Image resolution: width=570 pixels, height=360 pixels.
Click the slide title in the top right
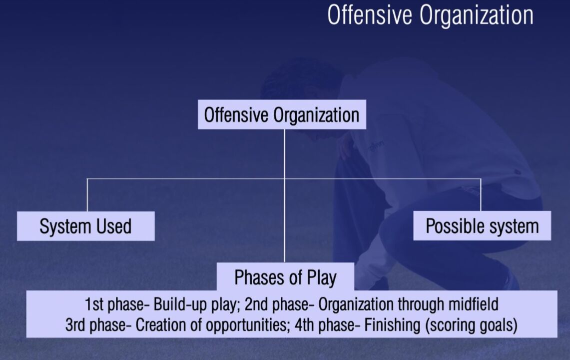point(430,15)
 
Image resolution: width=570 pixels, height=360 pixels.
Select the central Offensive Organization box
point(282,114)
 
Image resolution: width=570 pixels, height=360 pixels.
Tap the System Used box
point(86,226)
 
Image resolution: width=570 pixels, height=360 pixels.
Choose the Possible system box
point(482,225)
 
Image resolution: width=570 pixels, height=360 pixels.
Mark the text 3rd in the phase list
point(75,325)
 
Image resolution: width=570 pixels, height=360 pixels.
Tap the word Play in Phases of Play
point(322,278)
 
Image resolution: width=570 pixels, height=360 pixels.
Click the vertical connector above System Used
point(87,195)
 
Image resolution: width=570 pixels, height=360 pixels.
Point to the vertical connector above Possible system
point(481,194)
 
